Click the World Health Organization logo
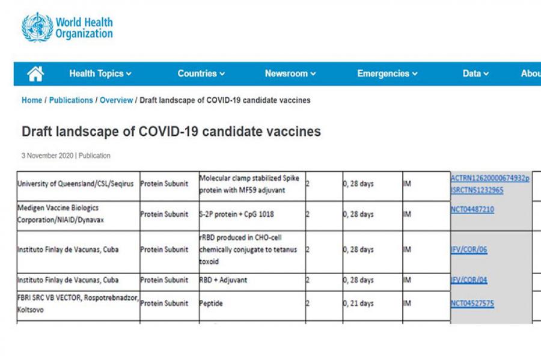(67, 27)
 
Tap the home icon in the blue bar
(35, 74)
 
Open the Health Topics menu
(100, 74)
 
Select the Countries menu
(201, 74)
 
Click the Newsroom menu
(290, 74)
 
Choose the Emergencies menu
(387, 74)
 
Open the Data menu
(475, 74)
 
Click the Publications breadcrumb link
(71, 100)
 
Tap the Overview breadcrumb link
(116, 100)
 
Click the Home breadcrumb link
(32, 100)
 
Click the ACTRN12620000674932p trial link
(490, 178)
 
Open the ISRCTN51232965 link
(477, 191)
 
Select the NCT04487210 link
(472, 210)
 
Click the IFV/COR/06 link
(469, 250)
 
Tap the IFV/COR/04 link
(469, 281)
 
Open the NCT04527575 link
(472, 304)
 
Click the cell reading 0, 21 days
(358, 304)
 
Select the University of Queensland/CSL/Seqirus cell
(76, 184)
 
